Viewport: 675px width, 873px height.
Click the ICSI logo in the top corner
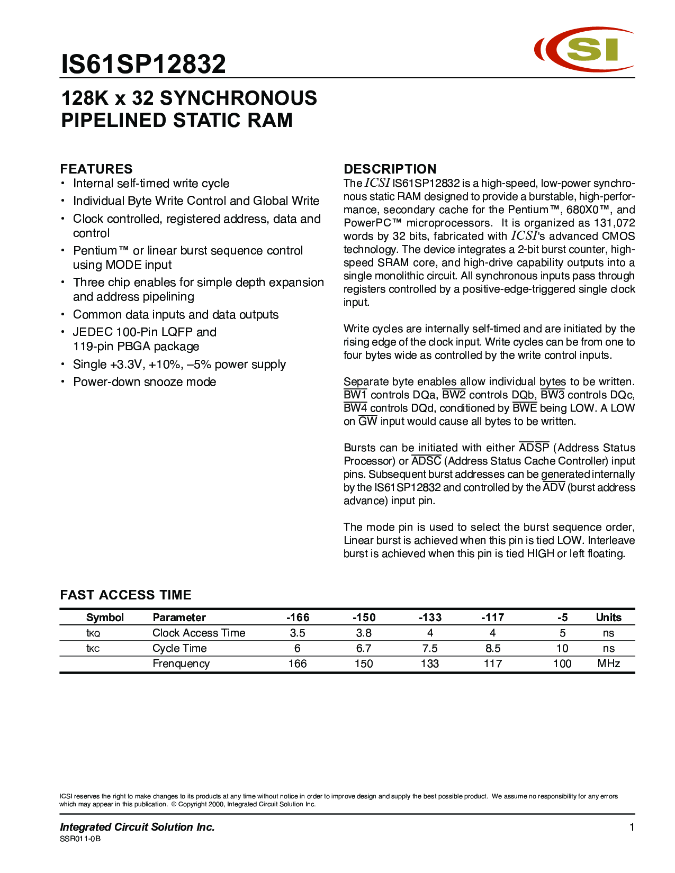(584, 49)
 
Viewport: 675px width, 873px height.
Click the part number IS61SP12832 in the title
(143, 64)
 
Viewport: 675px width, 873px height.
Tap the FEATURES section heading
(96, 169)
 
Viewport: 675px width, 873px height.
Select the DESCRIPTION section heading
(390, 169)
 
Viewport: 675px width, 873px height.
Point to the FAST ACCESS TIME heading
(125, 595)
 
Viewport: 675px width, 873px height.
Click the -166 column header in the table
(298, 617)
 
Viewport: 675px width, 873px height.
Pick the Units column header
(608, 617)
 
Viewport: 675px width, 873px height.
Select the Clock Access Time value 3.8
(364, 633)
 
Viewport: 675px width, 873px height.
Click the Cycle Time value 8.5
(492, 648)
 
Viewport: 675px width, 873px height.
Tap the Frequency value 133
(429, 663)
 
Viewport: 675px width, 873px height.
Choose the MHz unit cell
(608, 663)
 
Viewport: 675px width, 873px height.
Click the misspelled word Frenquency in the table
(181, 663)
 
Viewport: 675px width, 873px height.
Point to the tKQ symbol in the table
(93, 633)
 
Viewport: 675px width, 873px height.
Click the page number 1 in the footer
(632, 827)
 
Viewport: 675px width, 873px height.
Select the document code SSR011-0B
(80, 839)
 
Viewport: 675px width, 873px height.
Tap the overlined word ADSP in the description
(534, 448)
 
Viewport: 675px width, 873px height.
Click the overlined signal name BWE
(525, 408)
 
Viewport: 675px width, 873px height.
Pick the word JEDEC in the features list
(93, 332)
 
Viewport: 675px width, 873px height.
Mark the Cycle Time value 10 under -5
(562, 648)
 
